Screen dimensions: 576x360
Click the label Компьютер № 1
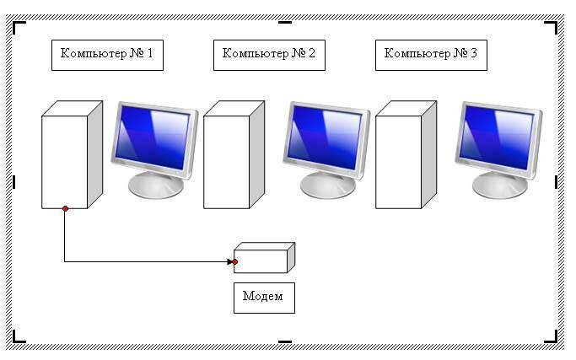(107, 54)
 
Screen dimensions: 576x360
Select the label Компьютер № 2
(269, 54)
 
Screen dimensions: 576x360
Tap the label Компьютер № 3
(431, 54)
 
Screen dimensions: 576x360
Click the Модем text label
(263, 296)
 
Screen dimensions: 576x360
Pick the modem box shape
(264, 257)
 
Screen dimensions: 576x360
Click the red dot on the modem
(234, 262)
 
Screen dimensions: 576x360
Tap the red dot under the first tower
(66, 208)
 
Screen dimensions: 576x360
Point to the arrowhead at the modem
(230, 262)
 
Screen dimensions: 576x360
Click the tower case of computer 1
(72, 154)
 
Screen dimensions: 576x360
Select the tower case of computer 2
(234, 154)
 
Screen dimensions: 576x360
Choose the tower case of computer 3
(406, 154)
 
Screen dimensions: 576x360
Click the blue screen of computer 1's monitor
(153, 137)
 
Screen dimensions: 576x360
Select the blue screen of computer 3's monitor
(496, 137)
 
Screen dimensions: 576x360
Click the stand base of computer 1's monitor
(156, 185)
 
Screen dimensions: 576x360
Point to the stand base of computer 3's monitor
(499, 185)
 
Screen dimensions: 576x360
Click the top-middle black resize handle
(285, 23)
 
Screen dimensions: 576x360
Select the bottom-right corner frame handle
(552, 338)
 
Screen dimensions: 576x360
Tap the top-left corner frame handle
(18, 26)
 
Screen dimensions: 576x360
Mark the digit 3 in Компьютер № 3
(474, 53)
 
